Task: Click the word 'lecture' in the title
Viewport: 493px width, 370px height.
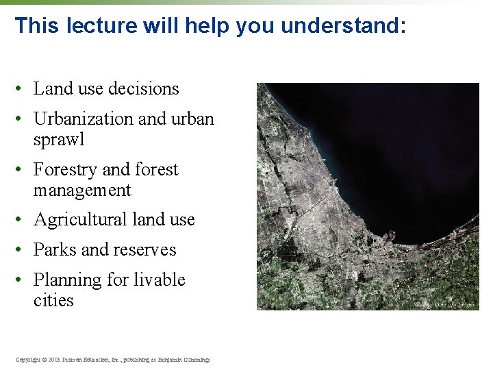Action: [x=103, y=26]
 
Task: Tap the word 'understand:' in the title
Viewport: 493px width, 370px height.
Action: [x=344, y=26]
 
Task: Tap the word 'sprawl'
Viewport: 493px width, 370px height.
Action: [x=58, y=140]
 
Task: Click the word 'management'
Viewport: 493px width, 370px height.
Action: [x=81, y=190]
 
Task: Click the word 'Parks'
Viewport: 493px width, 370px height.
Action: [x=54, y=250]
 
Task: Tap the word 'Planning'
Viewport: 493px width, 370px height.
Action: [x=66, y=280]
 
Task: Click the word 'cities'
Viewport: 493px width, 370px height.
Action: [x=53, y=301]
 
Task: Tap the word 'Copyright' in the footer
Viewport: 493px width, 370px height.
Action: [x=28, y=360]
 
